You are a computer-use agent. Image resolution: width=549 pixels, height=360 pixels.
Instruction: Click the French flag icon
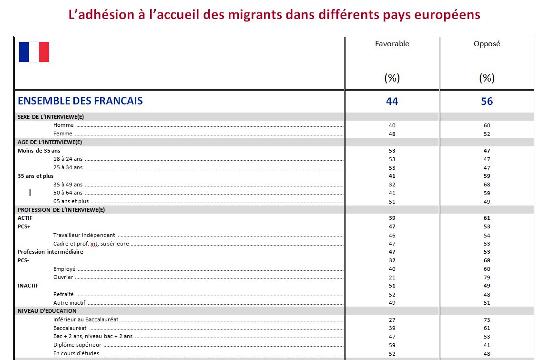pyautogui.click(x=34, y=52)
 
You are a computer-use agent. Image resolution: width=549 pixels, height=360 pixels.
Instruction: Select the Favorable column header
pyautogui.click(x=392, y=44)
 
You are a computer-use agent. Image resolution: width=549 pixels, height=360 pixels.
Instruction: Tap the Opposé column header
pyautogui.click(x=487, y=44)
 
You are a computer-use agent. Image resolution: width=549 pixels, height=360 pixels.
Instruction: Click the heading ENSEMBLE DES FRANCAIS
pyautogui.click(x=80, y=101)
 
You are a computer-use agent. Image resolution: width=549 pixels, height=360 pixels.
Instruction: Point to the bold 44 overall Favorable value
pyautogui.click(x=392, y=102)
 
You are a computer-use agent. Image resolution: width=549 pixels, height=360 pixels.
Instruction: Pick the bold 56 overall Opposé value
pyautogui.click(x=487, y=102)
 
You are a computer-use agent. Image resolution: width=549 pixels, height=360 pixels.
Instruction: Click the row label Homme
pyautogui.click(x=63, y=125)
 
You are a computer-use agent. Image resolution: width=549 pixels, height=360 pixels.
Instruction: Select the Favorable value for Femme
pyautogui.click(x=392, y=134)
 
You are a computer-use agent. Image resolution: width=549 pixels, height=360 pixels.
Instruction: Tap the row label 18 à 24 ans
pyautogui.click(x=68, y=159)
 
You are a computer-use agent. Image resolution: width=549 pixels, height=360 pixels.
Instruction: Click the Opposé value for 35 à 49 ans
pyautogui.click(x=487, y=185)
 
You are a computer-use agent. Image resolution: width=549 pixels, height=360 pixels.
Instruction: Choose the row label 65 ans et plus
pyautogui.click(x=71, y=201)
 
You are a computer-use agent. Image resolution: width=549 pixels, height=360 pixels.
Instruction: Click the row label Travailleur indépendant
pyautogui.click(x=84, y=235)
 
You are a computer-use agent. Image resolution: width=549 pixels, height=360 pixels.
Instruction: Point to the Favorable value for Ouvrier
pyautogui.click(x=392, y=278)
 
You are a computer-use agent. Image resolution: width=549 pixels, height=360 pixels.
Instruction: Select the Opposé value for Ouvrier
pyautogui.click(x=487, y=278)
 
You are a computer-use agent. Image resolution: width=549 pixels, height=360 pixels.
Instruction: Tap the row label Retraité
pyautogui.click(x=64, y=294)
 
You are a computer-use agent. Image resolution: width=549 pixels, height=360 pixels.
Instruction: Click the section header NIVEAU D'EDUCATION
pyautogui.click(x=47, y=311)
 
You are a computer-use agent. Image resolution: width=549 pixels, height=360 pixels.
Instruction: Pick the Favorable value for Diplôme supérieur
pyautogui.click(x=392, y=345)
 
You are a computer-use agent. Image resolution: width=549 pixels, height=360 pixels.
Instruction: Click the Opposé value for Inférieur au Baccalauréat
pyautogui.click(x=487, y=319)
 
